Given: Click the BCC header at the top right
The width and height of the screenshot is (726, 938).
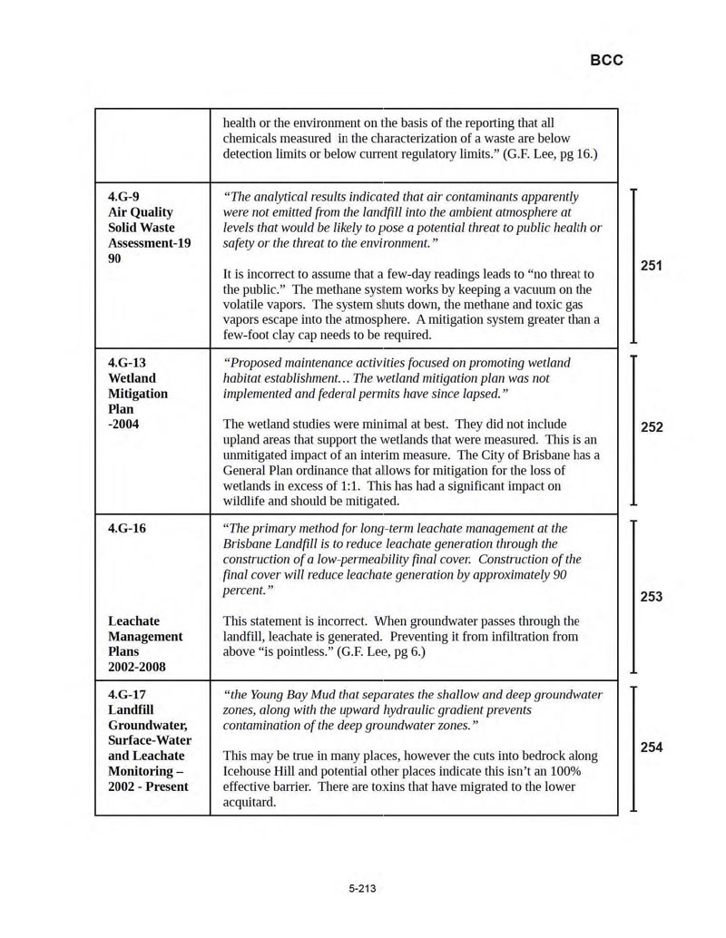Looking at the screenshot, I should (606, 61).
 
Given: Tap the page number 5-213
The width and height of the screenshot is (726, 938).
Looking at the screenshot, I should (362, 888).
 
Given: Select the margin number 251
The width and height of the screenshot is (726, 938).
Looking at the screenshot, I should (651, 266).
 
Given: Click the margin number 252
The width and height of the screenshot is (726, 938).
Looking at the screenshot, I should (651, 427).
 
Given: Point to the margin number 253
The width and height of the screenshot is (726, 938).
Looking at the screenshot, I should (651, 597).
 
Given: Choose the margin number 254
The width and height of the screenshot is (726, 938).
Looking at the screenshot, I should (651, 747).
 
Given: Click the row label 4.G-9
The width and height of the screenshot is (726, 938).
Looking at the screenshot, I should (123, 197).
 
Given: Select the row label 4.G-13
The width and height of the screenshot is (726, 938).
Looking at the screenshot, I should (126, 363).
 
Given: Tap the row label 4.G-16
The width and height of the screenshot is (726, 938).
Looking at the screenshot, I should (126, 529).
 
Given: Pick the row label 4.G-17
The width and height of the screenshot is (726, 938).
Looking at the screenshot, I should (126, 695).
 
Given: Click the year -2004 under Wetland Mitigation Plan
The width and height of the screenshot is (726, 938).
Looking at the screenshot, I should (123, 425).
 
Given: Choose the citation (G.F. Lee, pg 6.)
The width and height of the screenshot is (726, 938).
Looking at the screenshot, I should (380, 652).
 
